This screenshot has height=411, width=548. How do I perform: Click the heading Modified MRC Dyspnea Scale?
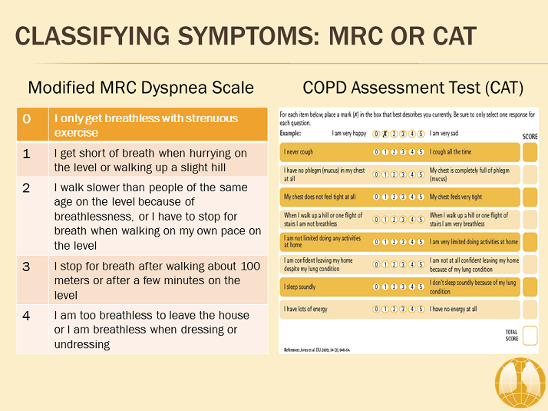[x=140, y=87]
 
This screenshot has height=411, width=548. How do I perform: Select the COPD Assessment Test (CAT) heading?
[x=413, y=87]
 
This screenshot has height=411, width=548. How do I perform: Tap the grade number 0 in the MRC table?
[x=28, y=118]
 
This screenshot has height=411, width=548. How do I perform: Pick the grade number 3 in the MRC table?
[x=28, y=266]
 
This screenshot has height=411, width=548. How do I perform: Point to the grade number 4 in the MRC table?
[x=28, y=315]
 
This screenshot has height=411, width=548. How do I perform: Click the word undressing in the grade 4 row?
[x=82, y=344]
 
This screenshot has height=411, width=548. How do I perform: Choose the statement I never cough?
[x=299, y=152]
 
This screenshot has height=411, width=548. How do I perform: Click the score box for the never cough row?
[x=530, y=152]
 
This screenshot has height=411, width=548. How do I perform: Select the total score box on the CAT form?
[x=530, y=336]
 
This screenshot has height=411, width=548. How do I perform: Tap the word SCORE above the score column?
[x=529, y=136]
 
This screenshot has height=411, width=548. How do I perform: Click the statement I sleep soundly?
[x=299, y=287]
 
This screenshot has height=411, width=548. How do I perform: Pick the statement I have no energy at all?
[x=453, y=309]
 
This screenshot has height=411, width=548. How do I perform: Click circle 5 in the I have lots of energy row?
[x=421, y=309]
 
